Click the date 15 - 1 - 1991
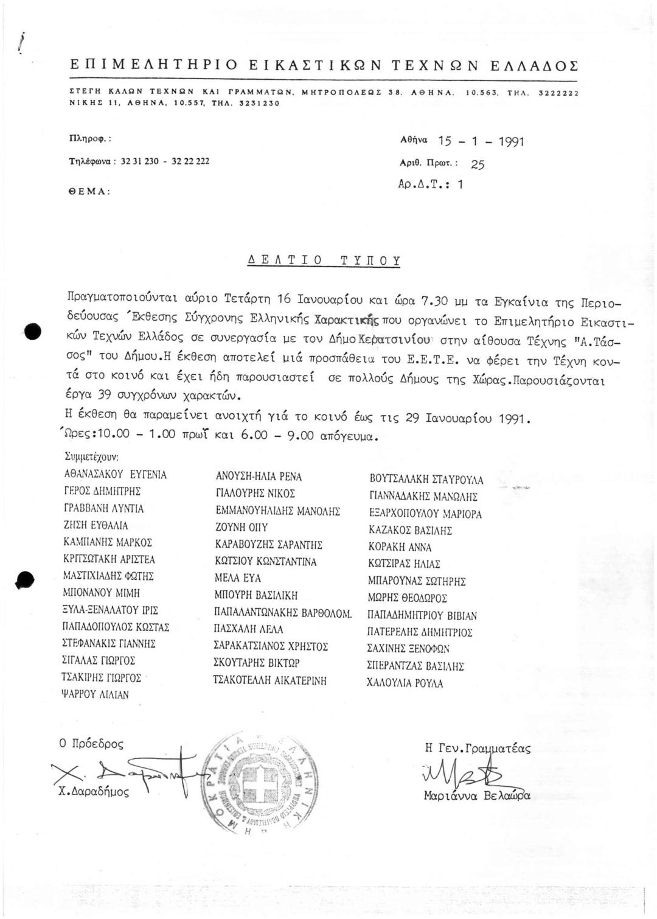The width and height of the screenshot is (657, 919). point(481,142)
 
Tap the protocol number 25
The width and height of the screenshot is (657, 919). point(478,165)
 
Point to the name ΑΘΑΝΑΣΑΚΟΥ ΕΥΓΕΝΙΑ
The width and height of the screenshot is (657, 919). point(115,475)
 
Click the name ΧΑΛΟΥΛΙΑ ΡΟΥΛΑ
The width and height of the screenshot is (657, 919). point(405,683)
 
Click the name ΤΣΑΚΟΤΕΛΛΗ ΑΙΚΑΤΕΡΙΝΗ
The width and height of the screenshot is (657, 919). point(269,680)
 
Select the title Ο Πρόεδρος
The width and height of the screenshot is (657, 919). point(91,744)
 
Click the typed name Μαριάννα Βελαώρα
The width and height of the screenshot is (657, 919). point(477,795)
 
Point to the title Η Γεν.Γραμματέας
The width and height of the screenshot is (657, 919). point(478,749)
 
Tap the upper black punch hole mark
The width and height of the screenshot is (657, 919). point(32,332)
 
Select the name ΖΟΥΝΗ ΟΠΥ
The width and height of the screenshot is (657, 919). point(242,528)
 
